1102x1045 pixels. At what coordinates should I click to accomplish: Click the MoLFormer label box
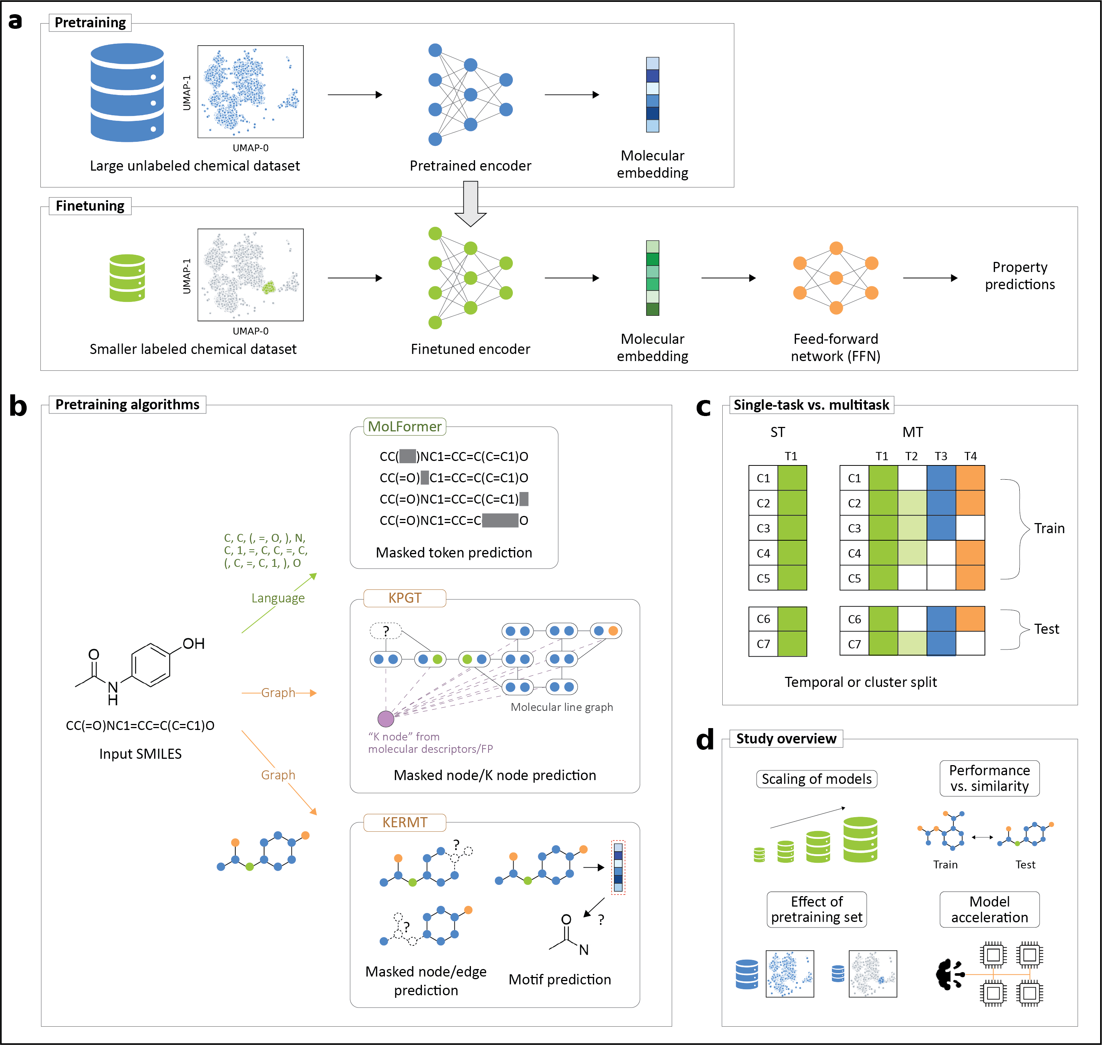pos(404,427)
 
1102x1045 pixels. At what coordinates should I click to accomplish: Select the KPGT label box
pos(404,598)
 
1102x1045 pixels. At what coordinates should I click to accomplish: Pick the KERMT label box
pos(404,822)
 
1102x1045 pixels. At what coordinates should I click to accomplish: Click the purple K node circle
pos(386,719)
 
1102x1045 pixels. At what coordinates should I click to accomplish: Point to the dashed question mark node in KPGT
pos(385,630)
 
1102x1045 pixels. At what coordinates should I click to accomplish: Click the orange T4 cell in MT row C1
pos(970,478)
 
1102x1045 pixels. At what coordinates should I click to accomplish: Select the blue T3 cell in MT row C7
pos(941,644)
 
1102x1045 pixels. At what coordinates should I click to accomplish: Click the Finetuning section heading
pos(90,205)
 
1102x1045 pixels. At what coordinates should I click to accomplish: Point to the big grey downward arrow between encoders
pos(471,203)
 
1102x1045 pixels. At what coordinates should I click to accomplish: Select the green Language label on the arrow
pos(278,598)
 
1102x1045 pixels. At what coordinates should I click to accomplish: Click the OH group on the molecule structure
pos(193,644)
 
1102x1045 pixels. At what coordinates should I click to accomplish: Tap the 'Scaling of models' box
pos(816,779)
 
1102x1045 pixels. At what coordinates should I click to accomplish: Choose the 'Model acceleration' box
pos(989,909)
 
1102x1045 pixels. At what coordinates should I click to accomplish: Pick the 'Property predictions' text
pos(1020,276)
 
